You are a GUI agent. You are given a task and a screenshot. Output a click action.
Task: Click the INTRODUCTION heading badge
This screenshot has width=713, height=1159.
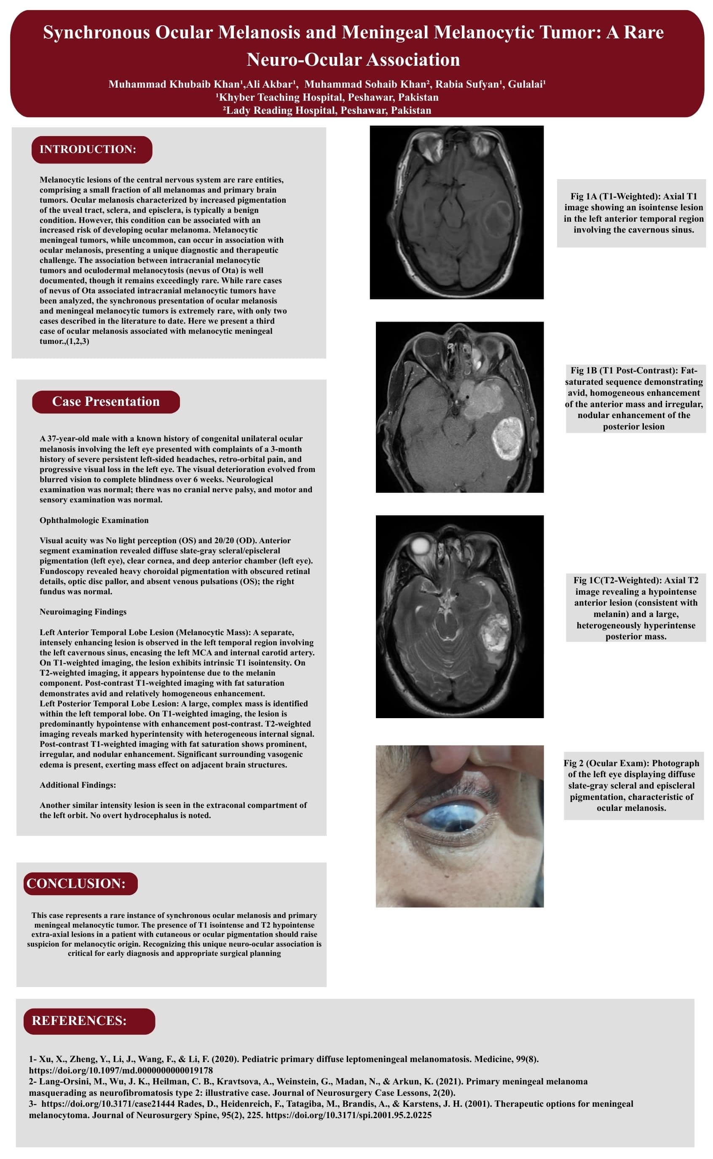(91, 150)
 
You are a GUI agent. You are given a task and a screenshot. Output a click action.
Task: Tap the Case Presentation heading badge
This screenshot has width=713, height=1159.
(106, 401)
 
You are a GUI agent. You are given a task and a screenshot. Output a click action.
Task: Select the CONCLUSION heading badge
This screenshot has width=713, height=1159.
(80, 883)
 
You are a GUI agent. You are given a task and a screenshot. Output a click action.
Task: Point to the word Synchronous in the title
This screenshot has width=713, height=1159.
(96, 32)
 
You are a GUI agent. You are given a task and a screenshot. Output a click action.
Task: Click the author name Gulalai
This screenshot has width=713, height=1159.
(526, 84)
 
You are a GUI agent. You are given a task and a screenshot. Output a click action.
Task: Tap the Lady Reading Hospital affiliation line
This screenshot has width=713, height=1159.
(327, 110)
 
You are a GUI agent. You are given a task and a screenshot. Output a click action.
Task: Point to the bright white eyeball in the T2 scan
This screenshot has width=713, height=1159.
(420, 547)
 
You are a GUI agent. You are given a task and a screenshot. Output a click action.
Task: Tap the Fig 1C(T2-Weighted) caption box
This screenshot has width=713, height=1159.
(635, 608)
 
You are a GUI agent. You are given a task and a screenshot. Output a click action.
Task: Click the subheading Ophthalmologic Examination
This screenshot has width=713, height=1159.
(94, 520)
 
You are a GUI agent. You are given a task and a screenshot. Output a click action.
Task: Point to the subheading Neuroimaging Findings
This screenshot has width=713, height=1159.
(83, 612)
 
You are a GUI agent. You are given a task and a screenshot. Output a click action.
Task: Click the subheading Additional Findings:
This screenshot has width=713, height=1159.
(78, 785)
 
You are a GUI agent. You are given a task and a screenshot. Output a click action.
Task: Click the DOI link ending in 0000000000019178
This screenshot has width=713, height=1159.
(121, 1070)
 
